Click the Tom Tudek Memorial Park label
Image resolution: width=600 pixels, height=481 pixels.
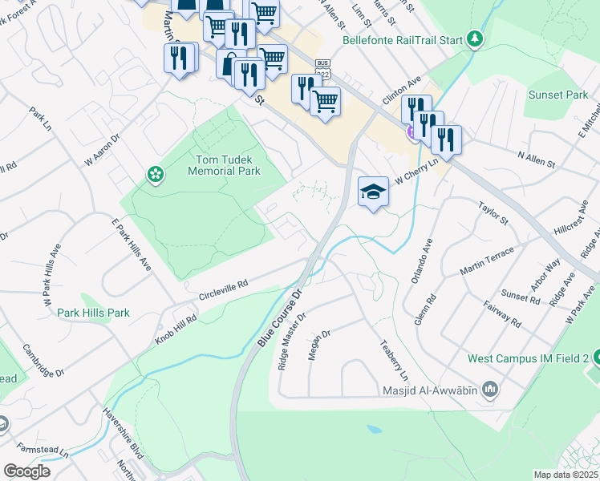(225, 165)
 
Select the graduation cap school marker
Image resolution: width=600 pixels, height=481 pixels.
(373, 192)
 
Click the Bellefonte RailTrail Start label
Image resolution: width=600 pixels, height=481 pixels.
(403, 39)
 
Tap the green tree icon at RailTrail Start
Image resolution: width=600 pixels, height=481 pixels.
(475, 38)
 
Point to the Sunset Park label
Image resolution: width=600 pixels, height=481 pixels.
(557, 95)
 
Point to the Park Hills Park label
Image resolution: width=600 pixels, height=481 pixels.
(93, 312)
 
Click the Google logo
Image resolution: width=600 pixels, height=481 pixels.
(26, 471)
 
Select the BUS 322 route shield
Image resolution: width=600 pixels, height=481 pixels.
(322, 67)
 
